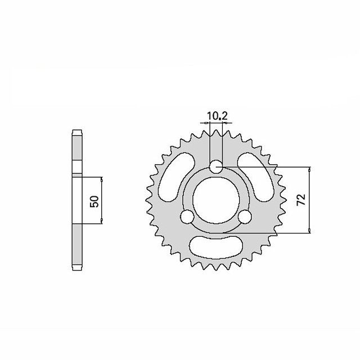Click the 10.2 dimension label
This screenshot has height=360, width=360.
click(217, 116)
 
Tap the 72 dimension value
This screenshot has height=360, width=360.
click(301, 200)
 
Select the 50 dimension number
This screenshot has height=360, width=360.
click(94, 201)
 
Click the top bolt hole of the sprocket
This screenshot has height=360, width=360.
click(216, 167)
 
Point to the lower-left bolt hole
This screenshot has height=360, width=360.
click(187, 216)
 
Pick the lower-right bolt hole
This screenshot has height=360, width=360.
click(244, 216)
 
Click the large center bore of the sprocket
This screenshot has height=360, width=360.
click(216, 200)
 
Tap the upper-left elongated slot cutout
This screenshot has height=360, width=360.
click(176, 177)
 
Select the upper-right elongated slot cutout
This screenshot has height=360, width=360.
click(255, 177)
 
